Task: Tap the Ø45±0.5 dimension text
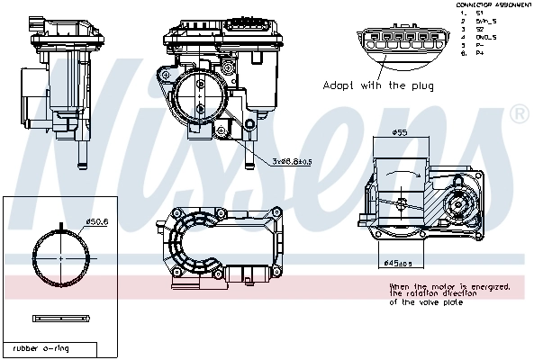coord(398,263)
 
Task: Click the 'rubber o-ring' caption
coord(41,347)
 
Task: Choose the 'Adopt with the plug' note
coord(378,86)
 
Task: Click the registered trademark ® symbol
coord(519,114)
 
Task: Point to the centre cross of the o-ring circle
coord(61,257)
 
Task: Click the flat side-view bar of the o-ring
coord(61,319)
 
